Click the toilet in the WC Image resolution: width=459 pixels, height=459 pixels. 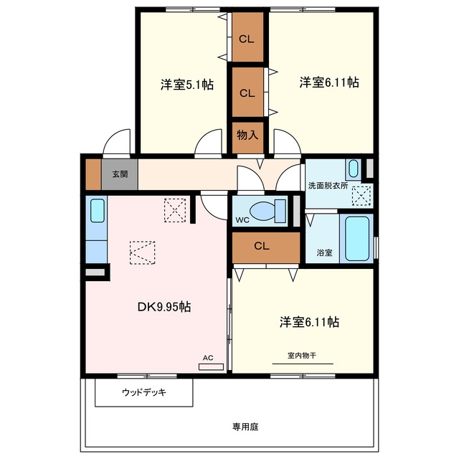tap(268, 211)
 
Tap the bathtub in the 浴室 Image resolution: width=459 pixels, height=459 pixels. tap(357, 239)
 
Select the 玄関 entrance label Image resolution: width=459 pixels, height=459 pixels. tap(120, 174)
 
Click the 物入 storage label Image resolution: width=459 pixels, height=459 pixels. tap(247, 135)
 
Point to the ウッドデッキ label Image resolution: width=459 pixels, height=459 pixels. tap(144, 392)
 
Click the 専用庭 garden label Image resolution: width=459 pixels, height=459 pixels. tap(245, 427)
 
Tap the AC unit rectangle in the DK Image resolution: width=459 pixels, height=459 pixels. tap(211, 366)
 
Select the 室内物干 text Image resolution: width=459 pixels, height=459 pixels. tap(302, 356)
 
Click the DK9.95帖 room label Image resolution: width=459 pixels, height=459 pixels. tap(164, 307)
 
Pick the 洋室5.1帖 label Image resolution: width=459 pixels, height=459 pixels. tap(186, 85)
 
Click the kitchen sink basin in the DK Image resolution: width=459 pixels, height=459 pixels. tap(98, 210)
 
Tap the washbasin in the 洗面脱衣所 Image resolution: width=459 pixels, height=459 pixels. tap(354, 169)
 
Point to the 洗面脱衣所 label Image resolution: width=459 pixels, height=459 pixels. tap(328, 186)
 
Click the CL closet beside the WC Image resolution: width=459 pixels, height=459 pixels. tap(266, 247)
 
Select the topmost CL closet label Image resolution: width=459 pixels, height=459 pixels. tap(247, 39)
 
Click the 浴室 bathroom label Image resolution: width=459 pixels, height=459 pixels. tap(324, 252)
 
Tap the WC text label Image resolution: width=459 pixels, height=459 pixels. tap(242, 220)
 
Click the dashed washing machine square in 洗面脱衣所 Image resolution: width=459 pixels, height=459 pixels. tap(361, 196)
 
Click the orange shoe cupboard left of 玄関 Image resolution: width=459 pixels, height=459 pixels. tap(93, 174)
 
